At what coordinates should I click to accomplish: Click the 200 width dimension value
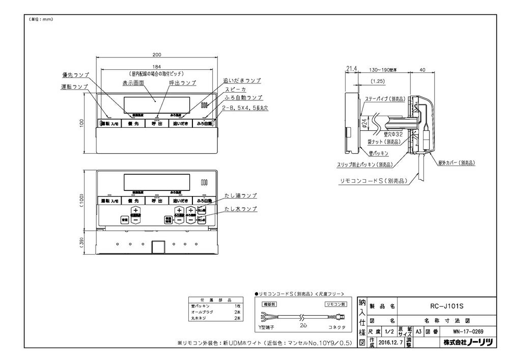pos(157,54)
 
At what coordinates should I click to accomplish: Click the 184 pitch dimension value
pos(157,66)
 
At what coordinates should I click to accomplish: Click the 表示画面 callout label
pos(133,82)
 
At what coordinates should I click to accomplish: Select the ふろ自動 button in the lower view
pos(203,201)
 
